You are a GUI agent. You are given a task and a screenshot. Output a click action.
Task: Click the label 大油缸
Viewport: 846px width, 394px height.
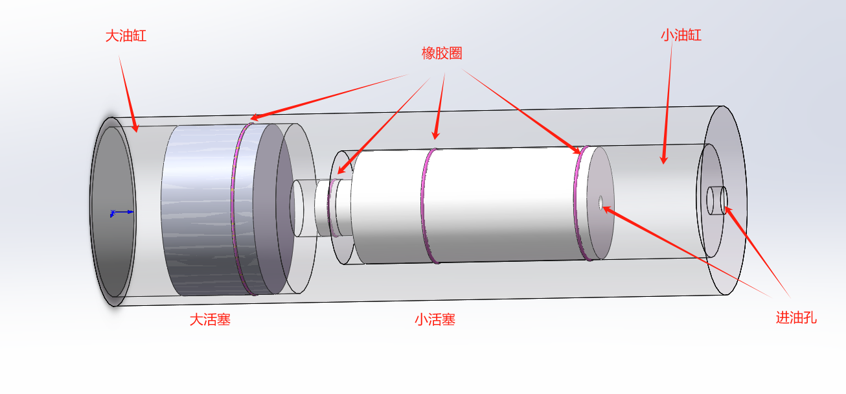[x=126, y=36]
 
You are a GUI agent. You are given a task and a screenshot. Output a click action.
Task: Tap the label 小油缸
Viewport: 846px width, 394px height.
[x=681, y=36]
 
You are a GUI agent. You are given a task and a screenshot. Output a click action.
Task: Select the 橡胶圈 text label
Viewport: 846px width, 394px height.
[x=442, y=53]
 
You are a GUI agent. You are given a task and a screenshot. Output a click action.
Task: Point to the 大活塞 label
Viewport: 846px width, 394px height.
[x=210, y=319]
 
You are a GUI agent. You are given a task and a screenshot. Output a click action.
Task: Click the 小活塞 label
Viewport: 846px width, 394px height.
[x=435, y=319]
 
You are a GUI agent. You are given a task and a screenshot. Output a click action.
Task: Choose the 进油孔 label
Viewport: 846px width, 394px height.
[x=796, y=318]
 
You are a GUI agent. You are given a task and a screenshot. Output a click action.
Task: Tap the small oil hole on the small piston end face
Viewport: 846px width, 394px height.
[x=600, y=202]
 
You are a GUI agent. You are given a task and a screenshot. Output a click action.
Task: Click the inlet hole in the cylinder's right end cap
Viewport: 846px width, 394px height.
[x=724, y=200]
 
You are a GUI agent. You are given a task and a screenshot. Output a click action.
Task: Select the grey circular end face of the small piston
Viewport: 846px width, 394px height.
[x=600, y=203]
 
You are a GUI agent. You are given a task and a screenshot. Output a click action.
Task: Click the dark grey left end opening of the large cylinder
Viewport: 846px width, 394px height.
[x=113, y=211]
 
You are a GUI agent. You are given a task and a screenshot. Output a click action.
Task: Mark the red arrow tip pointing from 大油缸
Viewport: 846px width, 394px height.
[x=137, y=132]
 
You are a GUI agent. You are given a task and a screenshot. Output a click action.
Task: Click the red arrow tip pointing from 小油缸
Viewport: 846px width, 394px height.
[x=663, y=164]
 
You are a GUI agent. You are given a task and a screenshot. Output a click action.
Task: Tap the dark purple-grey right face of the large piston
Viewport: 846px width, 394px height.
[x=273, y=209]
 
